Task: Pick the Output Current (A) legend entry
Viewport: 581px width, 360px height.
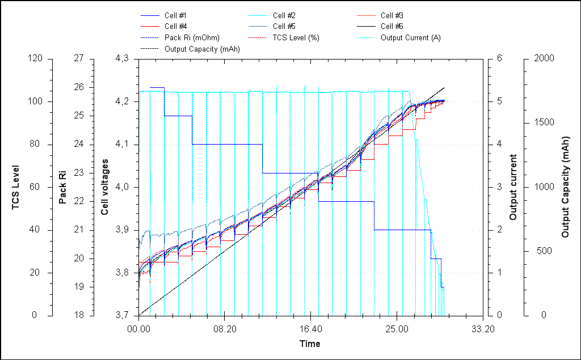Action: pos(410,37)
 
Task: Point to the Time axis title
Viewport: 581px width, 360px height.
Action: pos(310,344)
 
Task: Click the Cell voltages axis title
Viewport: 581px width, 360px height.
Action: pos(105,187)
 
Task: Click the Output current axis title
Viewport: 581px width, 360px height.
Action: pos(513,187)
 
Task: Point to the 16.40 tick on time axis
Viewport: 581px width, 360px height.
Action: pos(310,328)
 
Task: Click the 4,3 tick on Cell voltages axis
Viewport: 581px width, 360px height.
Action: pos(123,58)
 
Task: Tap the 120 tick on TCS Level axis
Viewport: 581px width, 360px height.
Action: pos(37,58)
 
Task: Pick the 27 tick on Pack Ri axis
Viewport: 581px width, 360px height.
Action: pos(78,58)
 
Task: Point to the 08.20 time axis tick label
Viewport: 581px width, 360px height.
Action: pos(225,328)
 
